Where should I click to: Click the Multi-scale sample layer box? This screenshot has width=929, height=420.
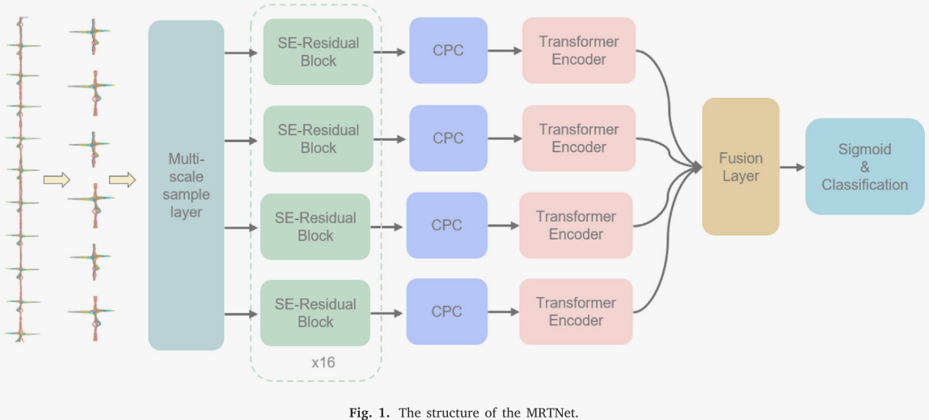pos(186,185)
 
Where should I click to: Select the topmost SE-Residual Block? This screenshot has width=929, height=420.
pos(318,52)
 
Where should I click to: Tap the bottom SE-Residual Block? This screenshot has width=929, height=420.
pos(315,312)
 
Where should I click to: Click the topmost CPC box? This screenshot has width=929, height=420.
pos(448,50)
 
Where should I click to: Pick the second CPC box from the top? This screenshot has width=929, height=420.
pos(448,138)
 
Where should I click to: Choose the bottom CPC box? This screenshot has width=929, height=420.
pos(446,312)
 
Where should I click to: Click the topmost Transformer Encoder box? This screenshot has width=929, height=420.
pos(578,50)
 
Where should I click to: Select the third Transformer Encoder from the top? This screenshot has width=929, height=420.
pos(575,225)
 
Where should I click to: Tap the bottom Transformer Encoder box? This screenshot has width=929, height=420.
pos(575,312)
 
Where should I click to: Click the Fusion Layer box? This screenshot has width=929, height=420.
pos(741,167)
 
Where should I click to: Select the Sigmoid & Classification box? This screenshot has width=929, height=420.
pos(864,167)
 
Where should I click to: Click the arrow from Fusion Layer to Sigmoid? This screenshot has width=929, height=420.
pos(792,167)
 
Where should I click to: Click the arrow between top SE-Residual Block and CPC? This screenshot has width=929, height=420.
pos(391,52)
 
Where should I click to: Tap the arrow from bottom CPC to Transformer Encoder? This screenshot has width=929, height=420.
pos(502,312)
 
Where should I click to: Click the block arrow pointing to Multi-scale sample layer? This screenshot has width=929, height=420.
pos(121,179)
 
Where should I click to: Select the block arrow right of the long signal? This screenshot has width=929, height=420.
pos(56,179)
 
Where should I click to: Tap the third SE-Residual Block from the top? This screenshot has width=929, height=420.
pos(315,227)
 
